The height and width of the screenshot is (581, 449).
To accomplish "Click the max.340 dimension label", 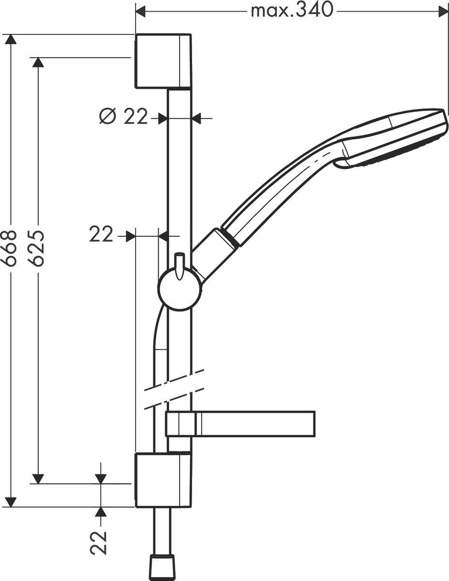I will coord(292,10).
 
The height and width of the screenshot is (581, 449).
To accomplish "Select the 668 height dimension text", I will coord(10,247).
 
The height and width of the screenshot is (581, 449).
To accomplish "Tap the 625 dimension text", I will coord(36,247).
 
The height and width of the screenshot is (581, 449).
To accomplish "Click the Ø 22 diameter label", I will coord(123,117).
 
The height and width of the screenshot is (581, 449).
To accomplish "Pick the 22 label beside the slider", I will coord(100,235).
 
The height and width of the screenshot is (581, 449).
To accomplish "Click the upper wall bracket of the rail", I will coord(163,61).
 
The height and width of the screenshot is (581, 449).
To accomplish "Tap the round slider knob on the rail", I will coord(179,290).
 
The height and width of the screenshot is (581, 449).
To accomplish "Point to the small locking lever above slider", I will coord(180,266).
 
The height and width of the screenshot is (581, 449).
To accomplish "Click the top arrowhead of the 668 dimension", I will coord(10,39).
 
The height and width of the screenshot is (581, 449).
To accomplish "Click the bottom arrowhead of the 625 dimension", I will coord(37,478).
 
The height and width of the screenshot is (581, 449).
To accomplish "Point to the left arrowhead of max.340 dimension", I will coord(140,10).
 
